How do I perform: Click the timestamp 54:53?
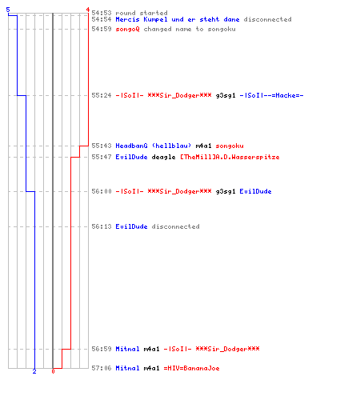pos(102,13)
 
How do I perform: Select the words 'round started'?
pos(142,13)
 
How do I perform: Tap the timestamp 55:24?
pos(102,95)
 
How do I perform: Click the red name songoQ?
pos(127,29)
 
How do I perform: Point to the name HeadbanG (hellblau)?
pos(154,146)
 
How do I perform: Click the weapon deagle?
pos(163,157)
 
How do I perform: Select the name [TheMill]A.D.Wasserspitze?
pos(230,157)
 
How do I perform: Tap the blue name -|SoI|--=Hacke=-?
pos(271,95)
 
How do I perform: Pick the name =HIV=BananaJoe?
pos(191,368)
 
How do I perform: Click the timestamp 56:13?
pos(102,226)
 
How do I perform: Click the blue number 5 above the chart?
pos(8,10)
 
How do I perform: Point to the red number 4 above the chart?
pos(87,10)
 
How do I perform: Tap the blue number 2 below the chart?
pos(34,371)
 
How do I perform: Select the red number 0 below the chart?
pos(53,371)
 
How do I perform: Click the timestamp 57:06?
pos(102,368)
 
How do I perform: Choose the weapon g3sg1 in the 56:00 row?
pos(226,191)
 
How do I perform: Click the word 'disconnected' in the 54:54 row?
pos(267,19)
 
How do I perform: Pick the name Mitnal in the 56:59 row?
pos(127,349)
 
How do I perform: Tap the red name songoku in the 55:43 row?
pos(230,146)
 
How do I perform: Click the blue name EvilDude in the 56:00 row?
pos(255,191)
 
